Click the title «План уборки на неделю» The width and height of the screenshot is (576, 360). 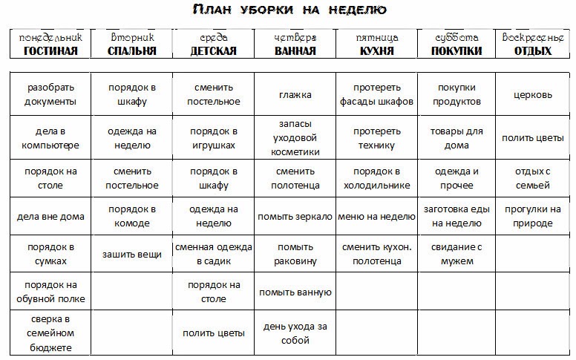click(288, 10)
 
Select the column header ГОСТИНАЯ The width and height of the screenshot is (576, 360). click(50, 51)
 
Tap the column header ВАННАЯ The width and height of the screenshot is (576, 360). click(295, 51)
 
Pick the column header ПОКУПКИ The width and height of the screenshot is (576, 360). click(456, 51)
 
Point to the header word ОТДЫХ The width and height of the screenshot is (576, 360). click(532, 51)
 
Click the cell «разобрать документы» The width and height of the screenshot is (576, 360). click(50, 94)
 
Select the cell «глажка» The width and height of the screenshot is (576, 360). click(295, 95)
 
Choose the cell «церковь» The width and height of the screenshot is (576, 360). click(533, 95)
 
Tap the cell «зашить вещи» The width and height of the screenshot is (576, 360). click(132, 255)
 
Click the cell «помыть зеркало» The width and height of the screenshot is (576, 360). click(295, 217)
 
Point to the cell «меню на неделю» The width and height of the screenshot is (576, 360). click(376, 217)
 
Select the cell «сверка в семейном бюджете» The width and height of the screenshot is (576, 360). click(50, 333)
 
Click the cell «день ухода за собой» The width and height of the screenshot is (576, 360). click(295, 333)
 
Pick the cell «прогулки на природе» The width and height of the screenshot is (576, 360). click(533, 216)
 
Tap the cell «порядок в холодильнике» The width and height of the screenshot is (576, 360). click(376, 178)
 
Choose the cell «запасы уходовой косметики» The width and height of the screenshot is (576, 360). click(295, 137)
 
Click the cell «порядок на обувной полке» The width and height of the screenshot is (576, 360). click(50, 292)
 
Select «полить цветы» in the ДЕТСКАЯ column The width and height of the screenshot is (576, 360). click(214, 333)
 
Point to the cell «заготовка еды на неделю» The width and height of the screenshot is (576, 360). click(456, 216)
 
